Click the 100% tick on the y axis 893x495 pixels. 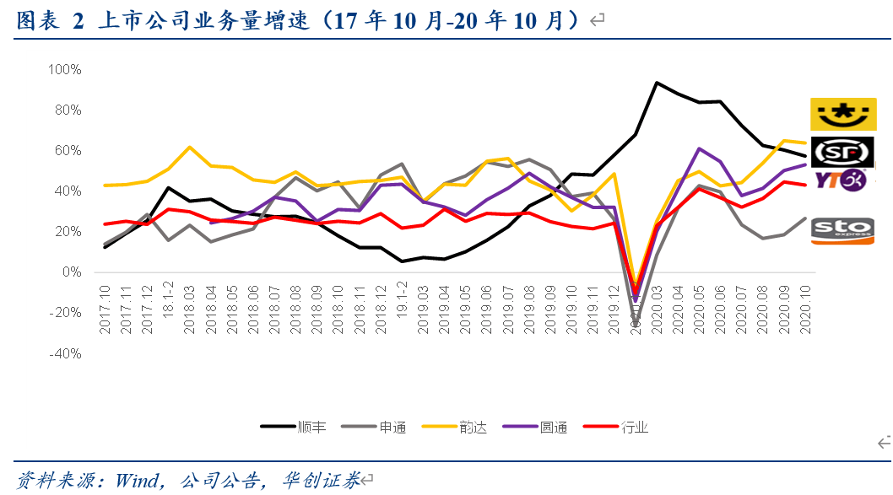(x=64, y=69)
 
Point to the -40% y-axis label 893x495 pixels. (x=64, y=353)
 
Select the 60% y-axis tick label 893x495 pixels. (x=66, y=150)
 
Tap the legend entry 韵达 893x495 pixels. (x=473, y=427)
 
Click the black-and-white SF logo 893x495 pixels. (x=843, y=152)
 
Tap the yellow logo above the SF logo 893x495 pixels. (x=843, y=114)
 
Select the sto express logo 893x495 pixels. (x=843, y=230)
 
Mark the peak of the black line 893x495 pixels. (x=657, y=83)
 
